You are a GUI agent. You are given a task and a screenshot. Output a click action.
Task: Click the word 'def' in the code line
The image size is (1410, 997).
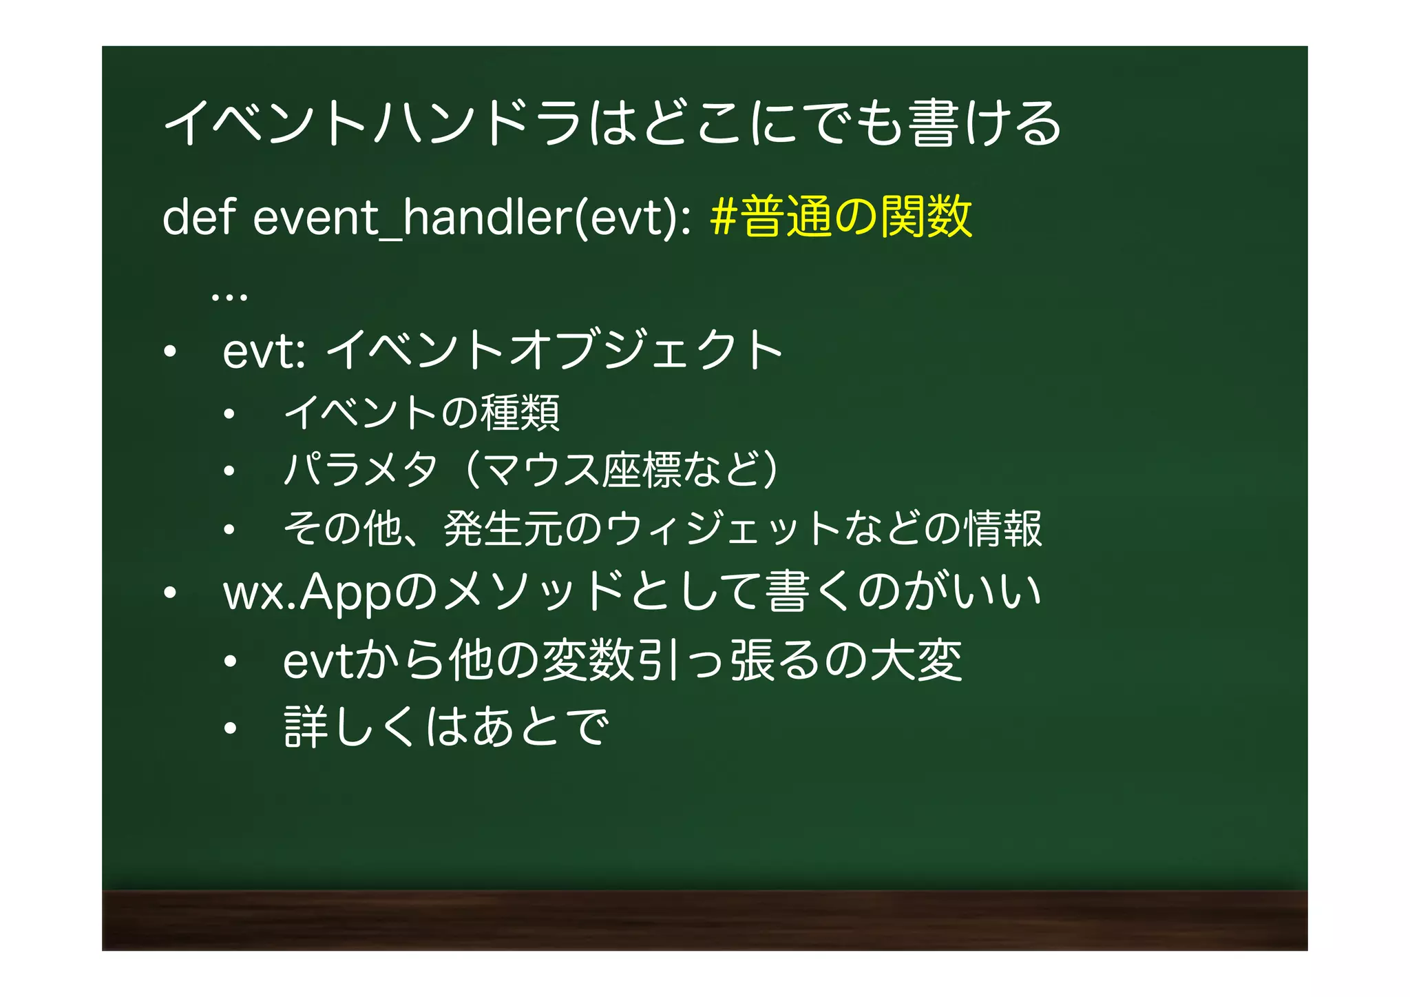(x=199, y=218)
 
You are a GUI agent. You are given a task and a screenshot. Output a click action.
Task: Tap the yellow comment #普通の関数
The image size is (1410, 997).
(x=841, y=216)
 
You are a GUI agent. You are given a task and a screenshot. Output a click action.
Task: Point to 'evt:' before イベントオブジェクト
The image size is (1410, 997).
(x=264, y=351)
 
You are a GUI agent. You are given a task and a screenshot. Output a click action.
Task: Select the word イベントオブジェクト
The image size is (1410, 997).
(x=554, y=350)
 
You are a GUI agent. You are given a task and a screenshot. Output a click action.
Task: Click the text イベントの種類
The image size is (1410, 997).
(x=421, y=413)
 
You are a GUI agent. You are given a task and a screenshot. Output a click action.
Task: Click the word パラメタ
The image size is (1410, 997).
(x=361, y=470)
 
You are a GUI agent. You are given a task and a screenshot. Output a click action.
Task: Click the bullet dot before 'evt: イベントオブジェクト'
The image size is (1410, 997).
(x=170, y=353)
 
